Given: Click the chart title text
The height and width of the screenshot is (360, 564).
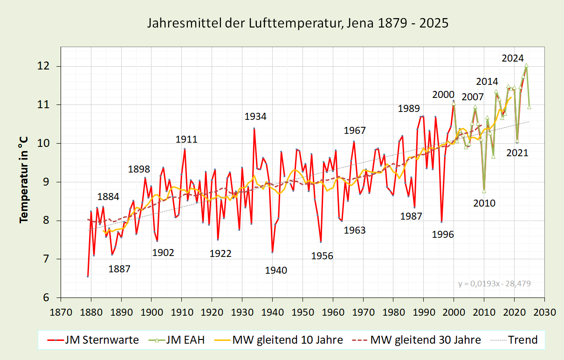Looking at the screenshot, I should tap(298, 23).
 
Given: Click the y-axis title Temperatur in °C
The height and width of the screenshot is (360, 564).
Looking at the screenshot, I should tap(23, 180).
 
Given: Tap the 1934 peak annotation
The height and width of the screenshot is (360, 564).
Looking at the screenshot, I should tap(255, 117).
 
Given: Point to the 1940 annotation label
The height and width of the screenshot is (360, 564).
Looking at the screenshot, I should tap(276, 270).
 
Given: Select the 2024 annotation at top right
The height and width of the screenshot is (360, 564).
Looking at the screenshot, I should tap(513, 58).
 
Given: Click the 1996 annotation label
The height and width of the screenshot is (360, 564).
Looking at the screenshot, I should tap(443, 235).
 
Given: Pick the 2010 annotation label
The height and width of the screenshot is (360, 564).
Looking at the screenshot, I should tap(484, 203).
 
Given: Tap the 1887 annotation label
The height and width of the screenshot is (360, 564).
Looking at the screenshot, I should tap(119, 269).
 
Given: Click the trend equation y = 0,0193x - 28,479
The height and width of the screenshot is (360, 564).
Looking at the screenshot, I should tap(495, 283).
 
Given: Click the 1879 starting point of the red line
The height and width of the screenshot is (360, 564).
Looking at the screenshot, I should tap(88, 277).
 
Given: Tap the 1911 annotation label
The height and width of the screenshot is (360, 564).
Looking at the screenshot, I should tap(186, 139).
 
